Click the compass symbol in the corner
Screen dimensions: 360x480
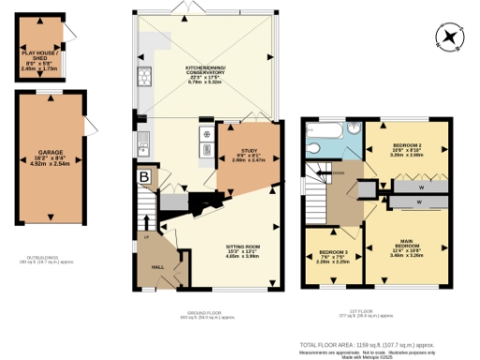pos(451,37)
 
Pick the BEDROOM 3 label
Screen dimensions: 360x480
pos(335,257)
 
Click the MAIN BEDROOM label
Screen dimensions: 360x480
pos(407,247)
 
